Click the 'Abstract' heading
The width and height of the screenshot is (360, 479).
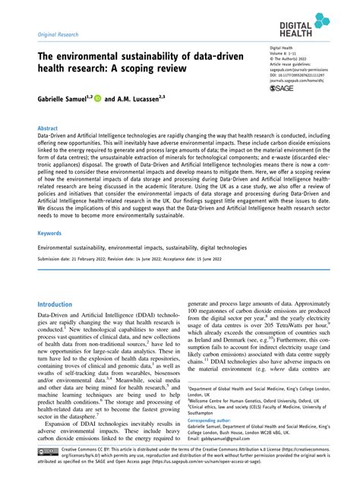pyautogui.click(x=47, y=129)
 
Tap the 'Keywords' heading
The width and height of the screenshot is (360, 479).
pyautogui.click(x=49, y=235)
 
